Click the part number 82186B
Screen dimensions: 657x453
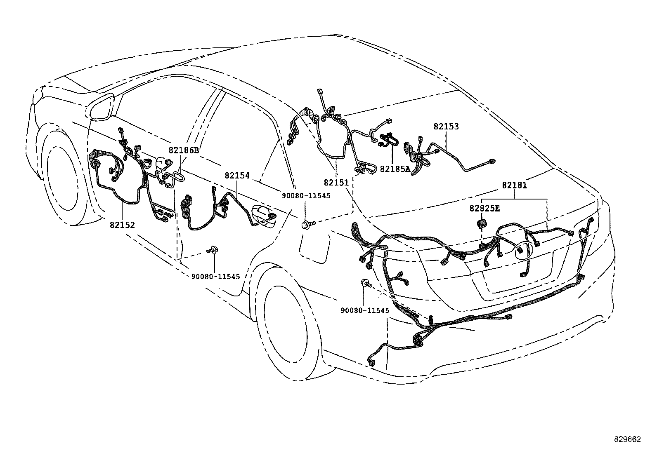coord(184,150)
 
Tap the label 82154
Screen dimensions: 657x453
coord(237,175)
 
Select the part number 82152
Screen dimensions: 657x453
coord(122,225)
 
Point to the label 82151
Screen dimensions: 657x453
coord(336,182)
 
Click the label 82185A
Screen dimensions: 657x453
coord(395,169)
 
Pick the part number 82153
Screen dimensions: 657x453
coord(446,126)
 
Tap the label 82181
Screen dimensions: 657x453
coord(515,185)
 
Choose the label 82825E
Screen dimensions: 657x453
coord(484,208)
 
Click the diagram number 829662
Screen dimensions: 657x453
coord(628,439)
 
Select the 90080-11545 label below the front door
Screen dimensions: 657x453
coord(215,276)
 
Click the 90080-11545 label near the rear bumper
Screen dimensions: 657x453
coord(365,310)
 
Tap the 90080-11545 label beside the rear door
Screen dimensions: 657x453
coord(306,195)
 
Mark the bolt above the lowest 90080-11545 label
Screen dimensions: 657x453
coord(366,283)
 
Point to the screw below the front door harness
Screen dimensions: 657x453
coord(213,250)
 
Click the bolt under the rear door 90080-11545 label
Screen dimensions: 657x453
coord(308,225)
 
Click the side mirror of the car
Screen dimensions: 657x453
coord(102,107)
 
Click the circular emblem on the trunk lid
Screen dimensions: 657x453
coord(522,251)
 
